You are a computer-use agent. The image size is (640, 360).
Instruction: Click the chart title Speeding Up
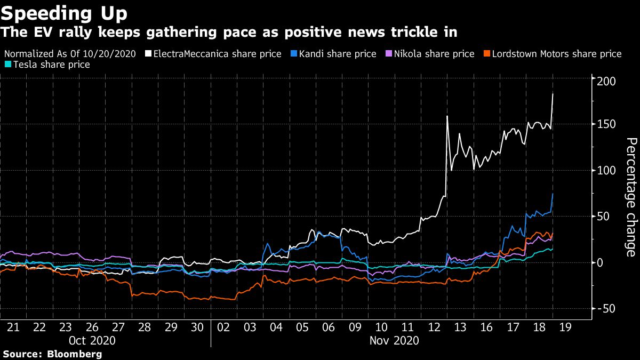tap(64, 12)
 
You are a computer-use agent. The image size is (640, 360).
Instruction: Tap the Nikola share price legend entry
tap(430, 54)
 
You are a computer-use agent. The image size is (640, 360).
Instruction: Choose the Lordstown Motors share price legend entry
tap(553, 54)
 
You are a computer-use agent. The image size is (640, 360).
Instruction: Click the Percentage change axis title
tap(631, 197)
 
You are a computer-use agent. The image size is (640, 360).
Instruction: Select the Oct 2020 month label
tap(92, 340)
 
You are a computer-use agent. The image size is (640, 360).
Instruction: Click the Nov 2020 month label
tap(395, 340)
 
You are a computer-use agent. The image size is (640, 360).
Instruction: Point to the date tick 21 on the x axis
tap(13, 326)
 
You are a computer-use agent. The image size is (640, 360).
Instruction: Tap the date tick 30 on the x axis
tap(197, 326)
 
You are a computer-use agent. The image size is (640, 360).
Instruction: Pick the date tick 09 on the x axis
tap(355, 326)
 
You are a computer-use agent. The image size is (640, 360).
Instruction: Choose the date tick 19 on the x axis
tap(565, 326)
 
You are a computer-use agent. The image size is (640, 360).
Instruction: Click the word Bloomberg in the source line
tap(76, 354)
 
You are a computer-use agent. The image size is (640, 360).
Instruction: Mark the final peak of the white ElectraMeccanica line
tap(553, 94)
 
